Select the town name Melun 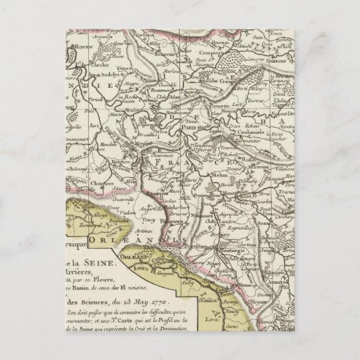pyautogui.click(x=233, y=175)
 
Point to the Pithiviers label pyautogui.click(x=184, y=220)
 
